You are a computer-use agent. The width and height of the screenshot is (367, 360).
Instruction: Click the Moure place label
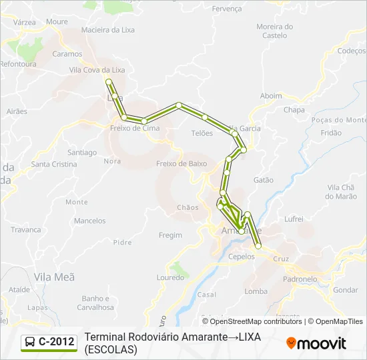[57, 21]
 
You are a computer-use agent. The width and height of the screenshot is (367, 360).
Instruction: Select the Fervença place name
[227, 9]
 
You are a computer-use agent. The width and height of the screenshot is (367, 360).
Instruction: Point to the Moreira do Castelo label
[274, 31]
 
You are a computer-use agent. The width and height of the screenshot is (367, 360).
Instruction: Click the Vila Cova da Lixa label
[97, 69]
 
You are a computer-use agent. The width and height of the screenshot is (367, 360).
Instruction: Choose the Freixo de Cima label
[134, 128]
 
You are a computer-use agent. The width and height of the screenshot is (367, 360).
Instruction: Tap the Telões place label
[202, 133]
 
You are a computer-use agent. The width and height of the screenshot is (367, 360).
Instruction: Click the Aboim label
[271, 96]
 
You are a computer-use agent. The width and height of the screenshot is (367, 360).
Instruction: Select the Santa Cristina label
[55, 164]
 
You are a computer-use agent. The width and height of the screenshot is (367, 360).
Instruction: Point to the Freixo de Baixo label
[177, 163]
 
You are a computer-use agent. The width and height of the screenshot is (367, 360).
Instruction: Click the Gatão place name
[264, 180]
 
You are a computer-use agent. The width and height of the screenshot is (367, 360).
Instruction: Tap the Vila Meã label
[54, 276]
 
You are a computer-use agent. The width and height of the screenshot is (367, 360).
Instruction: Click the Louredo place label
[170, 277]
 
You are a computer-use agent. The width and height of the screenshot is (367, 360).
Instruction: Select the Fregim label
[171, 235]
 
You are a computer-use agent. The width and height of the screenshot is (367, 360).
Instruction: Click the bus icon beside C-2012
[30, 343]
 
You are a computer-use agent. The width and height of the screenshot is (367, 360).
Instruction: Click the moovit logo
[316, 343]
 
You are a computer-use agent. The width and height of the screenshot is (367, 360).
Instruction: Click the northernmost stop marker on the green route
[109, 81]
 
